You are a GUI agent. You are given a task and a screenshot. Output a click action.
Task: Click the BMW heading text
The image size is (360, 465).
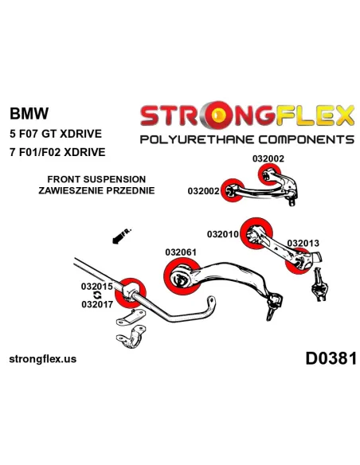coord(29,113)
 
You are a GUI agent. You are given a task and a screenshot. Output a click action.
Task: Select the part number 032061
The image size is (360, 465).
coord(181,252)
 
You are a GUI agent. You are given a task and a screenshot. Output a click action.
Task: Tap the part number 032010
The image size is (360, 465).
coord(223,234)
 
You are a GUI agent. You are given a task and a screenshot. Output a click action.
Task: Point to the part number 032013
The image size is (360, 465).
coord(303,243)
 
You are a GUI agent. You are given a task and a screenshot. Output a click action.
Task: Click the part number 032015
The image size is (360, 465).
coord(97,287)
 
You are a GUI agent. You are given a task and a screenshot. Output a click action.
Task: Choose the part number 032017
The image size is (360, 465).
coord(97,304)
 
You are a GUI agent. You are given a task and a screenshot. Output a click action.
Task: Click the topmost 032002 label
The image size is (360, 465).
coord(268,158)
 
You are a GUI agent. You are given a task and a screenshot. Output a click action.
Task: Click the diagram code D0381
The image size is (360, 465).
coord(331,358)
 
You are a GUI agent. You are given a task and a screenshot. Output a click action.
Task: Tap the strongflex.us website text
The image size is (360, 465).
coord(43,359)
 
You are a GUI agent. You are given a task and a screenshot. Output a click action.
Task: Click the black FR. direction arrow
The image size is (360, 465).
coord(122,236)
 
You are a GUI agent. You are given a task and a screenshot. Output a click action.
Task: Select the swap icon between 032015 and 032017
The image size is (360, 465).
coord(97,295)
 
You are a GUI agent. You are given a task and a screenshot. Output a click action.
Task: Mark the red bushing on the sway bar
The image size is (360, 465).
coord(130,293)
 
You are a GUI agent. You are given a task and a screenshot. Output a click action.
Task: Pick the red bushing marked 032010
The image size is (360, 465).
coord(256,233)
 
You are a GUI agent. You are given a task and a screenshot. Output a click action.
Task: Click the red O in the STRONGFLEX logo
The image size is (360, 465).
coord(220,115)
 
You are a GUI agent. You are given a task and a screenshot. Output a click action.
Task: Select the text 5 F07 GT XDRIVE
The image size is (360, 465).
coord(56,134)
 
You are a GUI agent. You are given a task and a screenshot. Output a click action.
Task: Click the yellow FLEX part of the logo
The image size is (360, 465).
coord(315,115)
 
